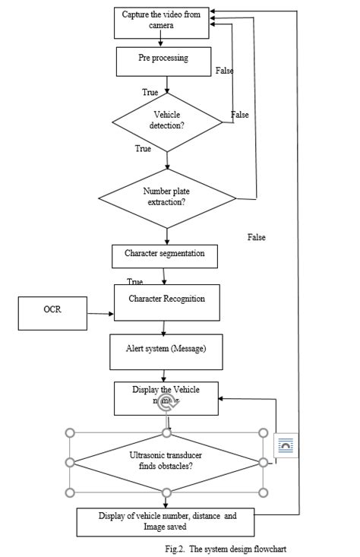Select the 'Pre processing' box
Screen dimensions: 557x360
point(163,61)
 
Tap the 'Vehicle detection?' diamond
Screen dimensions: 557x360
point(166,120)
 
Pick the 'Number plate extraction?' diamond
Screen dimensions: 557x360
point(166,198)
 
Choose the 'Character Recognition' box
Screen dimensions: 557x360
point(166,303)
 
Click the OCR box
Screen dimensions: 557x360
point(52,313)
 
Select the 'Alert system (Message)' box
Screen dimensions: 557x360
point(165,351)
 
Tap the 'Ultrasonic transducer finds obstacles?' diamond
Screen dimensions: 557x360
point(166,461)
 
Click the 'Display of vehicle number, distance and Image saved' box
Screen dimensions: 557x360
point(166,521)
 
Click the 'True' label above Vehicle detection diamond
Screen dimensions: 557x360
point(150,92)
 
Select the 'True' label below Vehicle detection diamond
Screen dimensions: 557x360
point(143,149)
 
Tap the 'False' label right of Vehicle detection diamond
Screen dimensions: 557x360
point(240,115)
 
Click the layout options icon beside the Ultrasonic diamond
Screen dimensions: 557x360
point(286,445)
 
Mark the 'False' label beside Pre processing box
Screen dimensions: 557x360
point(224,71)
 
